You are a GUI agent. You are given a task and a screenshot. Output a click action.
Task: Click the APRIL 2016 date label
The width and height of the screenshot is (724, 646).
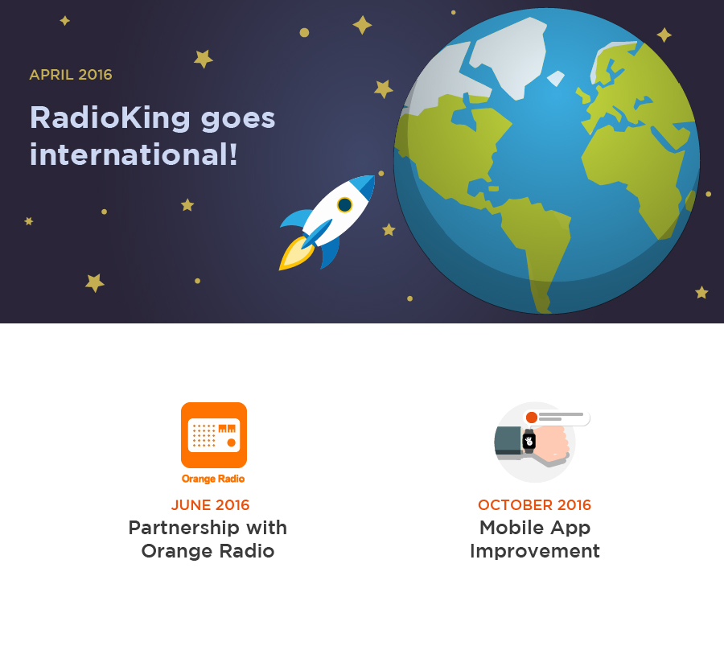pos(71,75)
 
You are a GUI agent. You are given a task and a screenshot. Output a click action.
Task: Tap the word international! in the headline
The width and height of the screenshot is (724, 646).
pos(134,154)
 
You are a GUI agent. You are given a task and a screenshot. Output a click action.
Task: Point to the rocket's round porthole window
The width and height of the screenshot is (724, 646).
pos(344,204)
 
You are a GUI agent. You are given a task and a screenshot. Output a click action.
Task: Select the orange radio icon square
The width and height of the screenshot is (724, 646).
pos(213,434)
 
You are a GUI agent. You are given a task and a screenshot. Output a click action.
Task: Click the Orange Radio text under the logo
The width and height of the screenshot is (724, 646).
pos(213,479)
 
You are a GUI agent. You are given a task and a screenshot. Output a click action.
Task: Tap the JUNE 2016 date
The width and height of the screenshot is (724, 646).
pos(210,505)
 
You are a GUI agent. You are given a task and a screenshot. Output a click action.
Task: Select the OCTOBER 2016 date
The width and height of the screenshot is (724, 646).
pos(534,505)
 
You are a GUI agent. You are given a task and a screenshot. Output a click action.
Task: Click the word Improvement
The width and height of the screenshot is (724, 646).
pos(534,551)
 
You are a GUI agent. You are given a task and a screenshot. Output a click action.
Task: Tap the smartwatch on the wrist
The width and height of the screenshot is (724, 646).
pos(529,441)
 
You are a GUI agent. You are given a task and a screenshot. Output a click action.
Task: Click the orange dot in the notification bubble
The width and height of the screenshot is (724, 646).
pos(531,417)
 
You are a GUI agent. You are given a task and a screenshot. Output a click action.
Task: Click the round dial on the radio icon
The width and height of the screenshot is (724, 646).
pos(232,442)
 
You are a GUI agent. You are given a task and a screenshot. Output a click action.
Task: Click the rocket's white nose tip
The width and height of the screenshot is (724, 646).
pos(369,180)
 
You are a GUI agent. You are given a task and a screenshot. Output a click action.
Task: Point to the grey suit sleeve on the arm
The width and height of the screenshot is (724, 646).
pos(508,439)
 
